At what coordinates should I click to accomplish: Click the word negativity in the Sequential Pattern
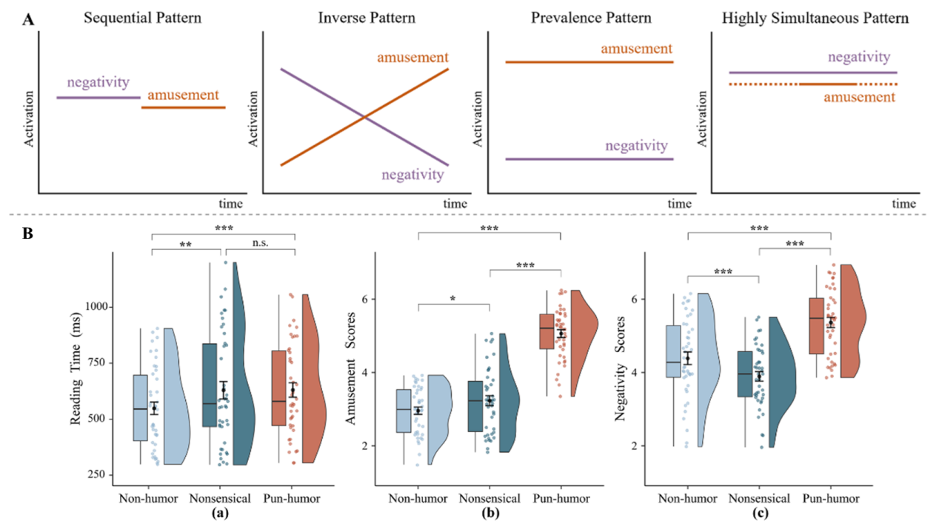pyautogui.click(x=98, y=82)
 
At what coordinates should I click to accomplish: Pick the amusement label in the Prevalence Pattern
pyautogui.click(x=636, y=49)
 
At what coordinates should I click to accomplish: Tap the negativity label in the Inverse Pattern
pyautogui.click(x=412, y=175)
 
